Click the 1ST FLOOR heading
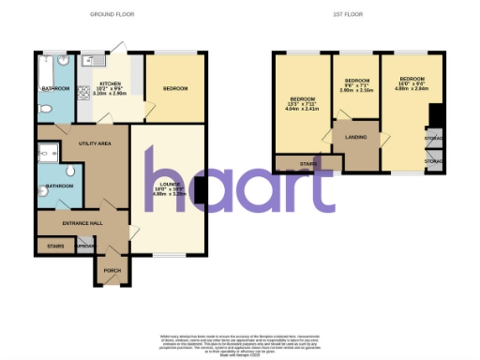pos(346,16)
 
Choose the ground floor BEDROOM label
pos(175,89)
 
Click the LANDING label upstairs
pos(355,138)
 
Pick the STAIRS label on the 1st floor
pos(307,163)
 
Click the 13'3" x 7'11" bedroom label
pos(303,104)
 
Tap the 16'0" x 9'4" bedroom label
pos(410,84)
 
